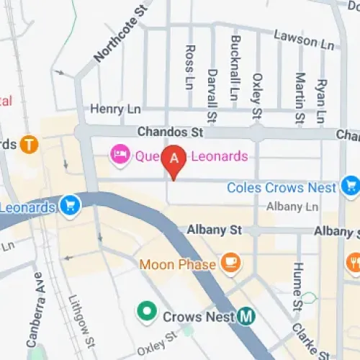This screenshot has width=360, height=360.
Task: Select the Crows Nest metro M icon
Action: pos(248,315)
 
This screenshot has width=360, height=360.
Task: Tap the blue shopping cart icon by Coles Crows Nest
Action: pos(351,187)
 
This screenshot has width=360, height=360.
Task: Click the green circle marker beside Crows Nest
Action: pos(148,312)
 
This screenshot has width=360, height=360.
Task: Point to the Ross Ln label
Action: pos(190,67)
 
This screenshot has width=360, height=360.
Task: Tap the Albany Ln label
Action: pos(292,207)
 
